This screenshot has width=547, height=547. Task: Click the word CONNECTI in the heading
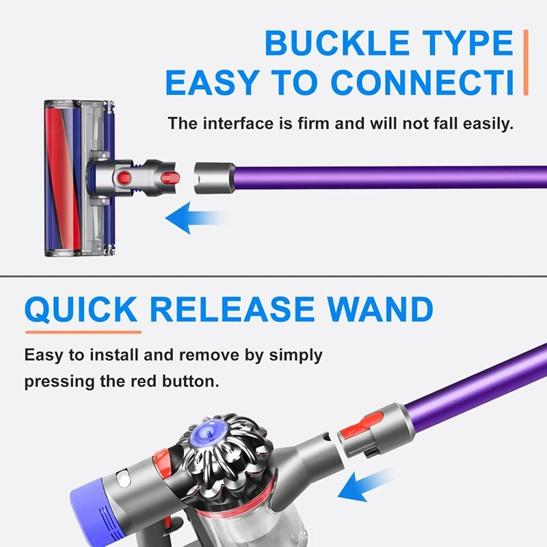pos(423,83)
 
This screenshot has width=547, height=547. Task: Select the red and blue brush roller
pos(62,177)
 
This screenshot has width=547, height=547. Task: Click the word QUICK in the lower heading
pos(81,310)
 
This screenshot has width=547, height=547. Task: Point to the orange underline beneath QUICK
pos(83,332)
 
